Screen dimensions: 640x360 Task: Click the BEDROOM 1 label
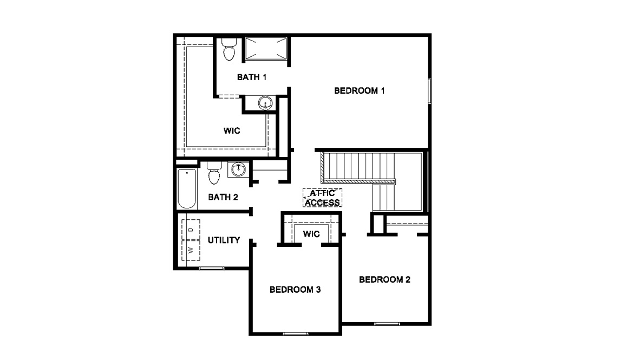pos(359,90)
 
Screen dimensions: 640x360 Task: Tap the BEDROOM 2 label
pos(384,279)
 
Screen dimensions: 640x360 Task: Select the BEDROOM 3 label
pos(295,290)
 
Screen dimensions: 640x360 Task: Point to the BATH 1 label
pos(252,77)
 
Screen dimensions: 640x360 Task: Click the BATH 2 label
pos(223,197)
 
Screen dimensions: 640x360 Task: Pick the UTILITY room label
pos(224,240)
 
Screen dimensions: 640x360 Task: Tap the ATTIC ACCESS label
pos(323,198)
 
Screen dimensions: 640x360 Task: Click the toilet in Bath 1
pos(229,49)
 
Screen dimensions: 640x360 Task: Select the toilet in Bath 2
pos(214,173)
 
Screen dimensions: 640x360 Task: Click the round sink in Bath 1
pos(265,103)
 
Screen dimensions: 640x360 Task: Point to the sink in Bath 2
pos(238,169)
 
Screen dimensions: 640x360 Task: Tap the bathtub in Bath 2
pos(187,189)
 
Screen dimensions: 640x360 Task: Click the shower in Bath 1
pos(266,49)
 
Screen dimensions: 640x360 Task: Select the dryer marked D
pos(191,230)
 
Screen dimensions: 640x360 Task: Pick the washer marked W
pos(191,250)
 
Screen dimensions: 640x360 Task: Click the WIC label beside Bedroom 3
pos(311,234)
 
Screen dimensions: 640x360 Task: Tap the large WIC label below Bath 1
pos(232,131)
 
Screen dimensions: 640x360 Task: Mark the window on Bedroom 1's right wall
pos(429,91)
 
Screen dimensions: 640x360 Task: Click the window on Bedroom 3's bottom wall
pos(296,334)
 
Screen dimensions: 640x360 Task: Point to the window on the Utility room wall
pos(211,268)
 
